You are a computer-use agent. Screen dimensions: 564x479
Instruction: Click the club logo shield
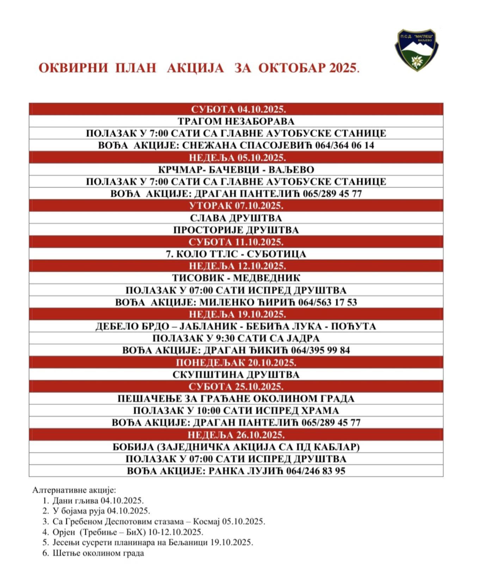[x=416, y=49]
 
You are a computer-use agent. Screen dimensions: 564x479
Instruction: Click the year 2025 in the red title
[x=343, y=68]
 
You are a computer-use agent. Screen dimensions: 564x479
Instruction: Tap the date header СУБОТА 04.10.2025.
[x=236, y=109]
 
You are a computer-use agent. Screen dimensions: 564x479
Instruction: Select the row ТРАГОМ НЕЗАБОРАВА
[x=236, y=121]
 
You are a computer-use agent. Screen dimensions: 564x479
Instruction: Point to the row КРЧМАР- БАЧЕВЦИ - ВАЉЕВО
[x=236, y=170]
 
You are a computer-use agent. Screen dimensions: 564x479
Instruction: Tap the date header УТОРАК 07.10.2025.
[x=236, y=206]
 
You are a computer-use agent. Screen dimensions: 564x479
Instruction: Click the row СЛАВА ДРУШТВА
[x=236, y=218]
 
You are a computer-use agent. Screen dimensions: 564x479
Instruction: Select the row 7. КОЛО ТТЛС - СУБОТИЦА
[x=236, y=254]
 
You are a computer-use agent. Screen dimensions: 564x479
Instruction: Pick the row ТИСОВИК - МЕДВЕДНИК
[x=236, y=278]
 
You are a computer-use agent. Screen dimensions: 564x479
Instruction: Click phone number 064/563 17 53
[x=327, y=302]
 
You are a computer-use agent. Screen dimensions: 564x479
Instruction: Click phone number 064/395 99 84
[x=320, y=350]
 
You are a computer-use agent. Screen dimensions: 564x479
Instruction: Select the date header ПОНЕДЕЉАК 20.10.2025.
[x=236, y=362]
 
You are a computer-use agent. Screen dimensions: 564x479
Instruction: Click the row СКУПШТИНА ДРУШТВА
[x=236, y=374]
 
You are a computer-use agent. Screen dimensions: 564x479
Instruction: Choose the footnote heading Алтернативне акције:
[x=74, y=490]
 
